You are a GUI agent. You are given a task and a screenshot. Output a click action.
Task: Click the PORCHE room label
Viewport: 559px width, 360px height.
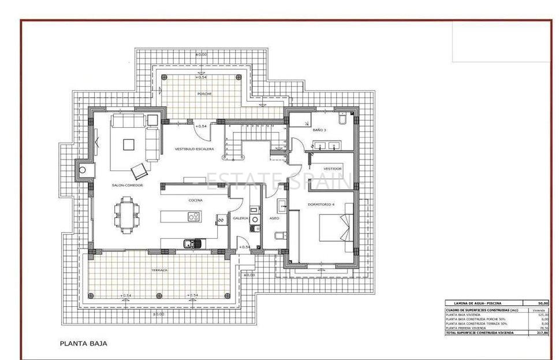[x=204, y=94]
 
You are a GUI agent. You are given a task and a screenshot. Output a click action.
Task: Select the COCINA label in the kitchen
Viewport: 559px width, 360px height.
[x=195, y=201]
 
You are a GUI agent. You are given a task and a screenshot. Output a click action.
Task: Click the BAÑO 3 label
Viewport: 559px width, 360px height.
[x=319, y=131]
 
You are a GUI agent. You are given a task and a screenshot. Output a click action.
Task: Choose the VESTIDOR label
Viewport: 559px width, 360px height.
[x=332, y=168]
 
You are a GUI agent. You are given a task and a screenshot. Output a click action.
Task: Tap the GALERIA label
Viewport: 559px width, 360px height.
[x=240, y=218]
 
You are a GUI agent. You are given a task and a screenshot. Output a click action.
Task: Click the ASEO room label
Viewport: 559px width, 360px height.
[x=274, y=218]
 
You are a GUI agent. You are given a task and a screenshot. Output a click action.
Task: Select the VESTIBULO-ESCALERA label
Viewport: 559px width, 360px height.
[x=195, y=149]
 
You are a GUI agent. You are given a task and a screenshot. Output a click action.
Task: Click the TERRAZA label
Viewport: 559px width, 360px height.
[x=159, y=270]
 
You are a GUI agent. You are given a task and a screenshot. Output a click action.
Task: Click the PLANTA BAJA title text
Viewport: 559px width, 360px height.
[x=83, y=343]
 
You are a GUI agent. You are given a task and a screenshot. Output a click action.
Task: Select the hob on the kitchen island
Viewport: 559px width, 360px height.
[x=194, y=217]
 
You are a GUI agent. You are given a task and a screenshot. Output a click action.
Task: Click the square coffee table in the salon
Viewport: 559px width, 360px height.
[x=128, y=144]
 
